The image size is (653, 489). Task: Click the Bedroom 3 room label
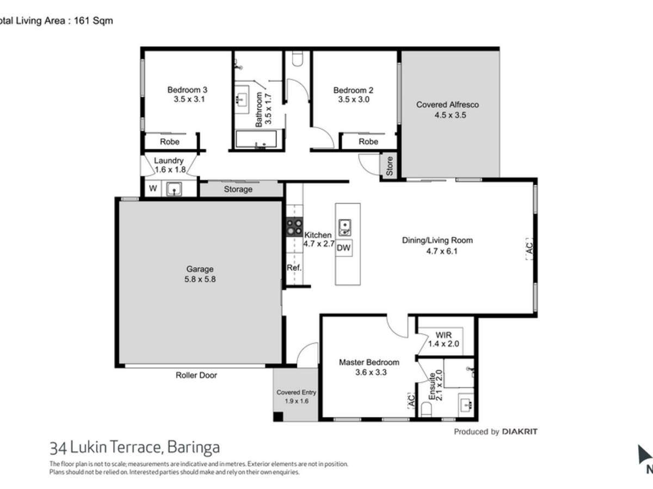tap(187, 90)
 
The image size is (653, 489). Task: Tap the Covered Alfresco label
tap(447, 104)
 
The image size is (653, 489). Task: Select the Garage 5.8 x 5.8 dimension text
tap(200, 279)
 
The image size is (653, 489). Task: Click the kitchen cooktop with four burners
tap(294, 227)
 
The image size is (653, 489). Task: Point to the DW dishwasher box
tap(343, 248)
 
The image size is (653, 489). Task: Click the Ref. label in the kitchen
tap(294, 267)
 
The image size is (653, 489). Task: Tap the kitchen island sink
tap(345, 228)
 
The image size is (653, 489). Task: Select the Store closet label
tap(389, 166)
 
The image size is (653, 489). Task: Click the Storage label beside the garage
tap(238, 189)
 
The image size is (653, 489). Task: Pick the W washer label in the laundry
tap(153, 188)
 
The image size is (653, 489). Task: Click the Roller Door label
tap(196, 375)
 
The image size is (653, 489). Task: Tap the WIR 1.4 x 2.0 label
tap(443, 340)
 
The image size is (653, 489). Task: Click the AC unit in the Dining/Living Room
tap(529, 249)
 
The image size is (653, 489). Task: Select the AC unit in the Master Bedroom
tap(411, 400)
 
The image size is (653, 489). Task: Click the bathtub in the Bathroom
tap(256, 139)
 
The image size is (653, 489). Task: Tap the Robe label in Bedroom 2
tap(368, 141)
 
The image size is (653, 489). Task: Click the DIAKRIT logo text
tap(520, 431)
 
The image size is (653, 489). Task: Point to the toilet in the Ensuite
tap(426, 409)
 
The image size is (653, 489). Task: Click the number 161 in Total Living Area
tap(82, 21)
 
